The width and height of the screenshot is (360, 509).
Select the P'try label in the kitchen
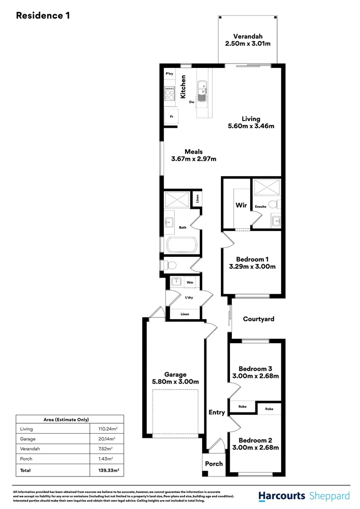click(169, 74)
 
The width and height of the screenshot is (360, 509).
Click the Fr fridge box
click(171, 116)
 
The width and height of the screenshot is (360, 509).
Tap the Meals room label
click(194, 152)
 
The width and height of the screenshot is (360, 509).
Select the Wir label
click(241, 205)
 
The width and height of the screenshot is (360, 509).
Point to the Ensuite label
click(261, 206)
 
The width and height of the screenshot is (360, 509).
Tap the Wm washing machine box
click(190, 283)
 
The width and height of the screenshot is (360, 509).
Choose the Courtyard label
click(258, 319)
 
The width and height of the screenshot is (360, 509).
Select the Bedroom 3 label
click(255, 369)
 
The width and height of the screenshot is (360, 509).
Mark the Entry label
click(217, 412)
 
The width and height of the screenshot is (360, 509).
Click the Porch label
click(213, 464)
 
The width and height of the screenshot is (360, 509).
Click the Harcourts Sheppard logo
click(304, 496)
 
